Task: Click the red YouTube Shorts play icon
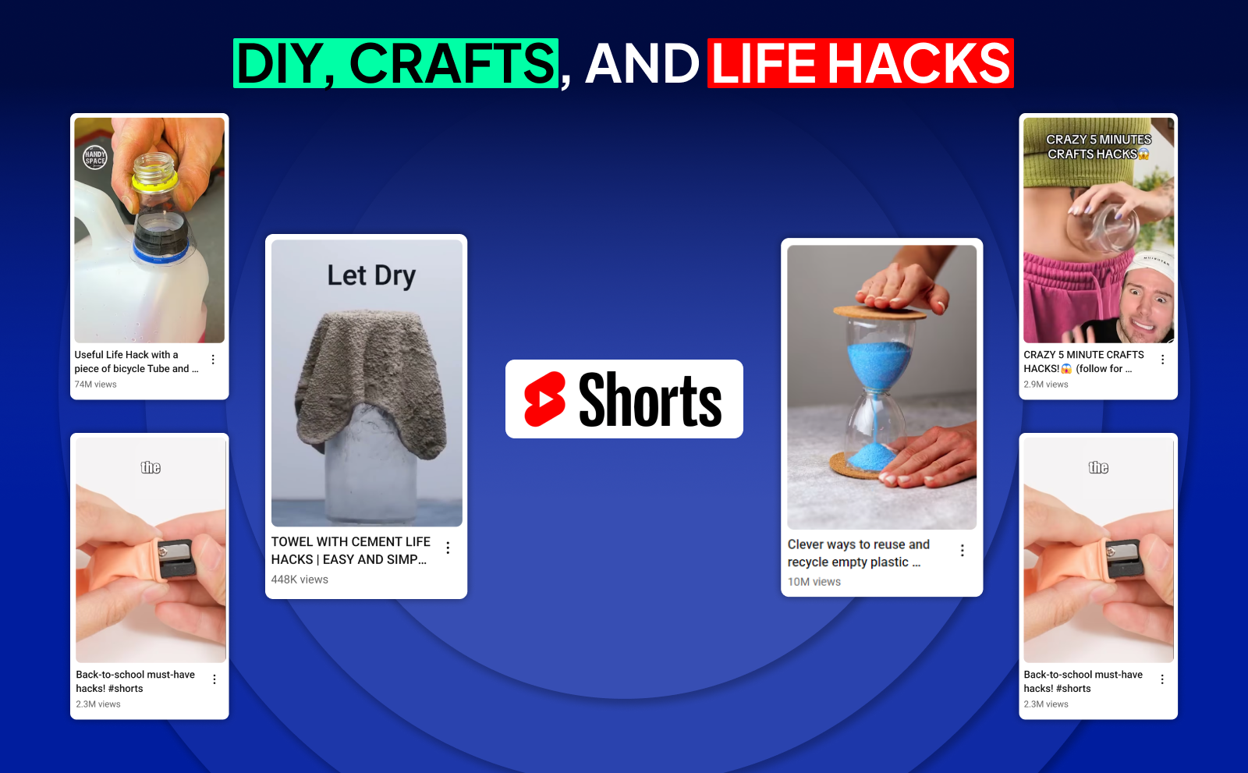(x=545, y=399)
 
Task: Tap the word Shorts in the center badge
(x=650, y=399)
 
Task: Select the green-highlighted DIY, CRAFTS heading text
(x=395, y=63)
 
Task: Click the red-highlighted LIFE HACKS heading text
(x=860, y=63)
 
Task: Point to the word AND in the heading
(x=642, y=63)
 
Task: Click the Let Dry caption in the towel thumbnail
(x=371, y=275)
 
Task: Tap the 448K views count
(x=300, y=580)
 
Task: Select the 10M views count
(x=814, y=582)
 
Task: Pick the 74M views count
(x=95, y=385)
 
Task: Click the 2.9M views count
(x=1046, y=385)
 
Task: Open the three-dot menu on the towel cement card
(x=448, y=548)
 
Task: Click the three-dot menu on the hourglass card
(x=963, y=551)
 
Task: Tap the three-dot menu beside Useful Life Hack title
(x=213, y=360)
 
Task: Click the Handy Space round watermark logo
(x=94, y=157)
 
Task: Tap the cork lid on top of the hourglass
(x=879, y=312)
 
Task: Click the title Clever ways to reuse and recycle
(x=859, y=553)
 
